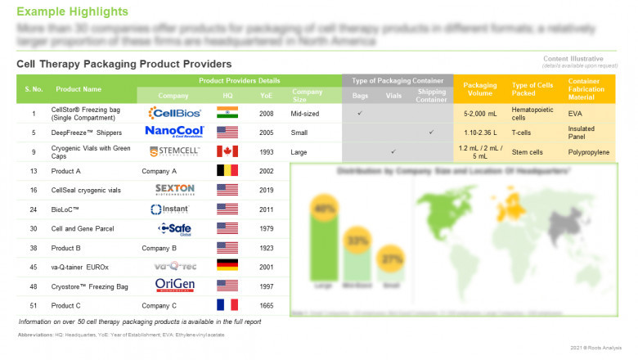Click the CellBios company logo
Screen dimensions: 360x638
coord(173,113)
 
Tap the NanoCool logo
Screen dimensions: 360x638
coord(173,132)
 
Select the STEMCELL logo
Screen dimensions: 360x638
coord(173,151)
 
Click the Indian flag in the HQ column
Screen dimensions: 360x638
coord(227,113)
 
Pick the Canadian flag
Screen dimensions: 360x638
coord(227,151)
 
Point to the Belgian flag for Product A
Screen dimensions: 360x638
coord(227,170)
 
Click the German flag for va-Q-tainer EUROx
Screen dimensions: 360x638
coord(227,267)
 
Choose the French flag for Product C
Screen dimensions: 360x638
coord(227,305)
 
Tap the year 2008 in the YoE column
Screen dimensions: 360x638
coord(266,113)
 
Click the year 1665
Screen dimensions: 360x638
coord(266,305)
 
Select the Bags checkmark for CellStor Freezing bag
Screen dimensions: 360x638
coord(360,113)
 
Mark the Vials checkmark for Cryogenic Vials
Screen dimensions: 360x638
coord(393,151)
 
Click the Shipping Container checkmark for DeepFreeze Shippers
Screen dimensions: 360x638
coord(431,132)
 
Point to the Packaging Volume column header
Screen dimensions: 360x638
coord(479,89)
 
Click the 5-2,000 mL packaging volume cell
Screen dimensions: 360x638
coord(479,113)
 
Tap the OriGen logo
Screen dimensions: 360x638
coord(173,286)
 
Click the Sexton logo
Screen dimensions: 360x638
coord(173,190)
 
